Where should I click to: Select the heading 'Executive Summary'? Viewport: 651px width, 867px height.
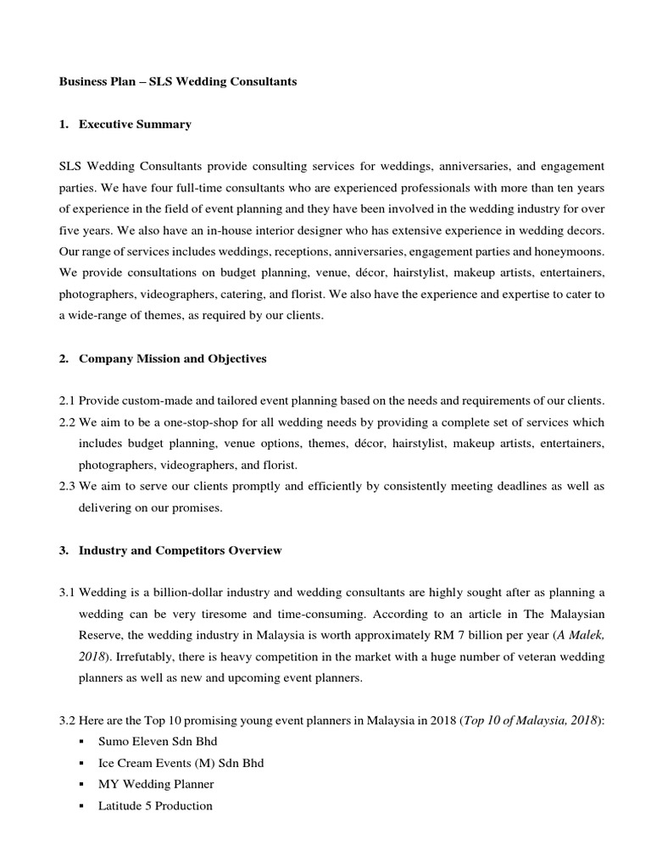[135, 124]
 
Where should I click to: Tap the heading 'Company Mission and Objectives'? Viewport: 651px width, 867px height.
[172, 358]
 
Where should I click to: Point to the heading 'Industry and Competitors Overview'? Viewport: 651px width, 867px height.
[180, 550]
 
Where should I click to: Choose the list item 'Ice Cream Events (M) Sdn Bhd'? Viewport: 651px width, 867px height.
[181, 763]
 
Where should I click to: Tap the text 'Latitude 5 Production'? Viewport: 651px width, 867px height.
[155, 806]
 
